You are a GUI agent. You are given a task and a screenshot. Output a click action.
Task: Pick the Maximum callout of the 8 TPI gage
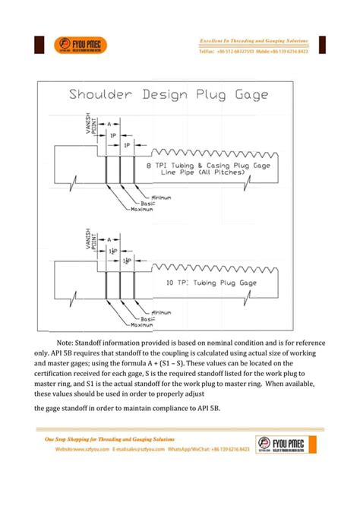142,210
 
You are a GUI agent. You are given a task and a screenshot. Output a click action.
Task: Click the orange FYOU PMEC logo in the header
81,46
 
